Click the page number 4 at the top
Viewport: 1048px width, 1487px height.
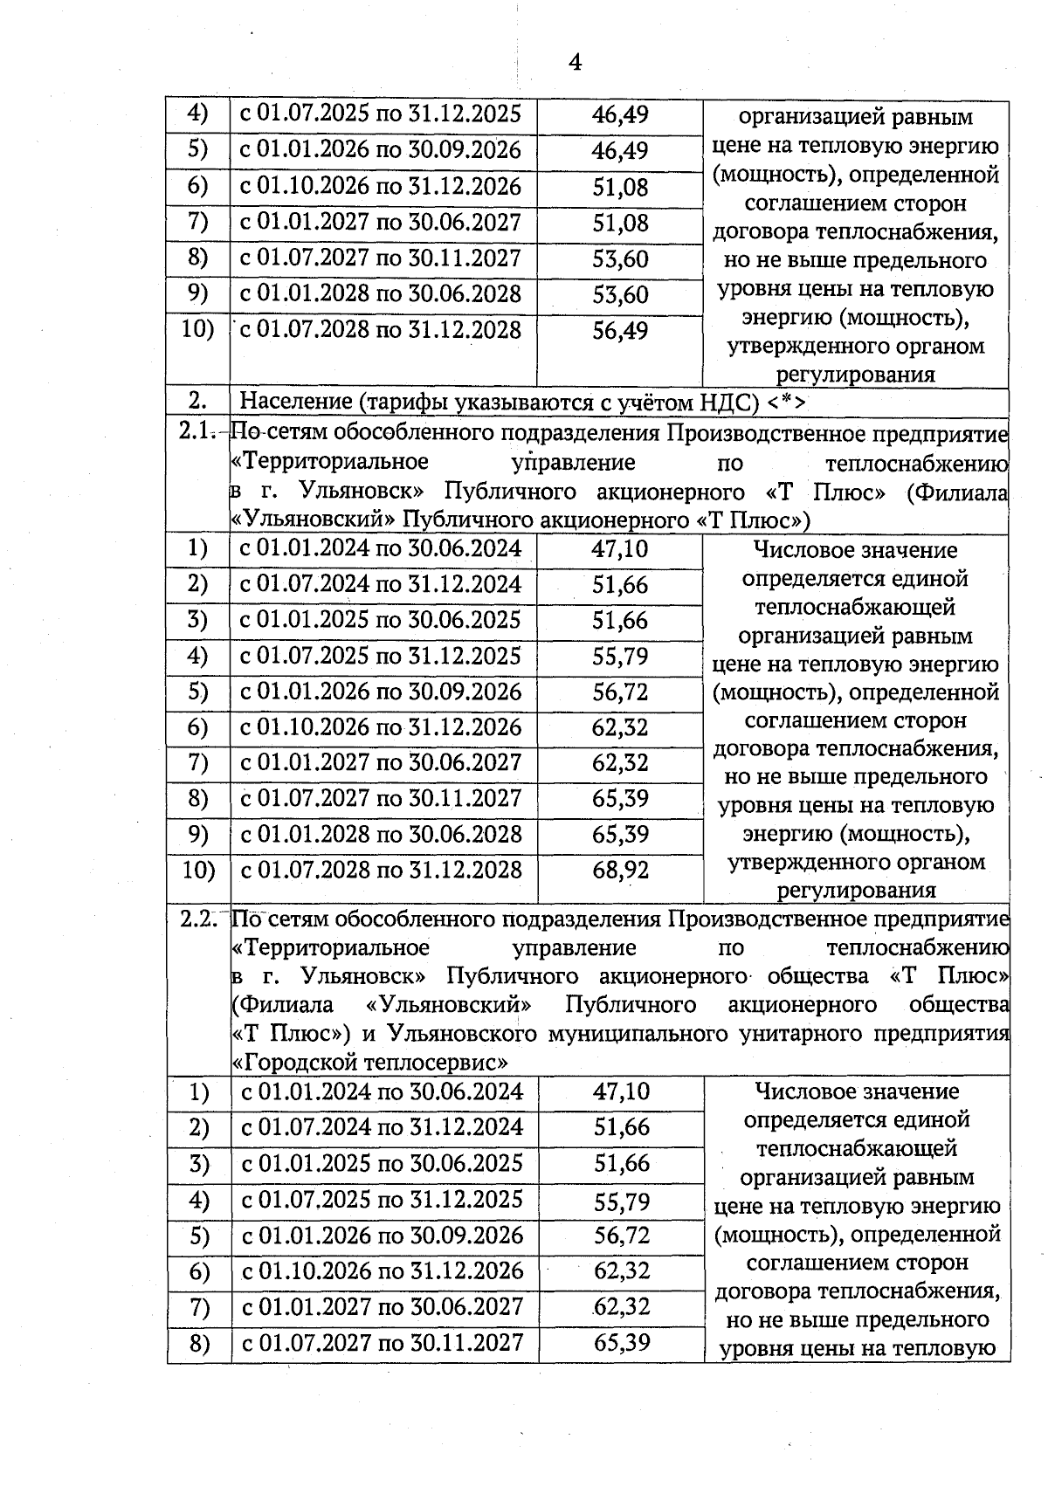coord(575,61)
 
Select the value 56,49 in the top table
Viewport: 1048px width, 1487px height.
coord(620,331)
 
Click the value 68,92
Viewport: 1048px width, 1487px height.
coord(620,871)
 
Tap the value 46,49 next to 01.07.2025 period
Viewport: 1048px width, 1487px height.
coord(620,114)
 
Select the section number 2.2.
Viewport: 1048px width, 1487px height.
coord(198,919)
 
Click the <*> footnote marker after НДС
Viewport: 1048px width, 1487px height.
coord(787,403)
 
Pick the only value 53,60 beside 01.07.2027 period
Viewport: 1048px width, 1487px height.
coord(620,258)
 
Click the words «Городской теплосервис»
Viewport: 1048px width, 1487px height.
coord(370,1063)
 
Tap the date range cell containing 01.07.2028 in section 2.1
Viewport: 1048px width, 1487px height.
coord(382,871)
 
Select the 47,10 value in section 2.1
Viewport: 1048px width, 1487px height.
coord(620,549)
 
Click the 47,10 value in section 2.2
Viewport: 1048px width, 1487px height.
coord(621,1091)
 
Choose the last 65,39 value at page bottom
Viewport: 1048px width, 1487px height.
coord(621,1342)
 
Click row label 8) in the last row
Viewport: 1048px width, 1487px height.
coord(199,1343)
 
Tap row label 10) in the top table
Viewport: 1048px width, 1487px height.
coord(197,330)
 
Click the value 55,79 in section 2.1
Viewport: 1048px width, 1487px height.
coord(620,657)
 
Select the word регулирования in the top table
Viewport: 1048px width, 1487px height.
coord(856,375)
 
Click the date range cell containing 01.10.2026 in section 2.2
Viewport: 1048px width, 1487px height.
coord(383,1271)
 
